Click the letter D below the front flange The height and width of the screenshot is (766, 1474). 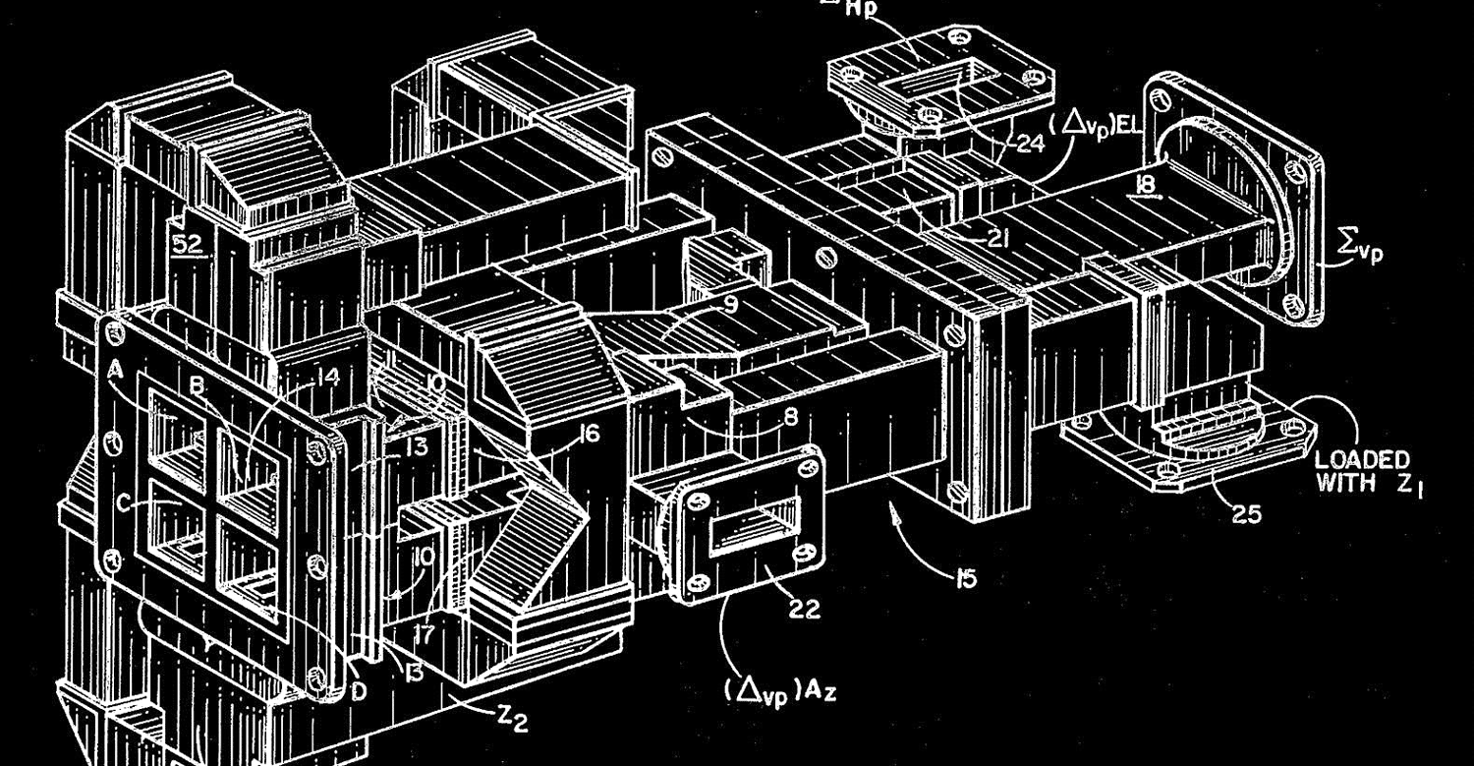(359, 691)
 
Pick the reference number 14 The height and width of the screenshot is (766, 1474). (326, 377)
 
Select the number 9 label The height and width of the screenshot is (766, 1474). (730, 305)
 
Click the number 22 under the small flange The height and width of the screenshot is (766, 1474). (804, 611)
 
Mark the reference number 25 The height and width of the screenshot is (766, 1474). (1246, 512)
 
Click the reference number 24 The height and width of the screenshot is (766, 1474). (1030, 144)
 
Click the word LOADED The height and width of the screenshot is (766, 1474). (1361, 459)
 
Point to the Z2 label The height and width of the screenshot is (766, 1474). (510, 723)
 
